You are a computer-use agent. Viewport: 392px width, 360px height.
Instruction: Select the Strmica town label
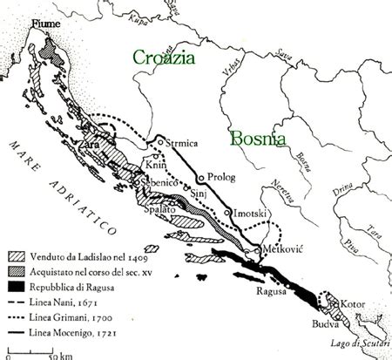[x=180, y=138]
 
